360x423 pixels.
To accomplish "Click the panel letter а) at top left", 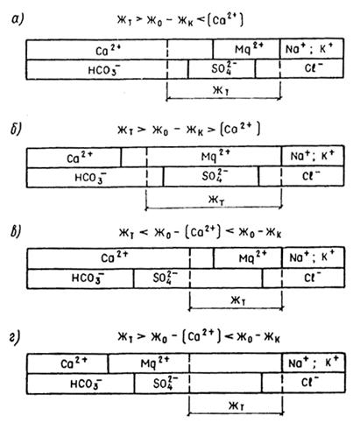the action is pyautogui.click(x=18, y=20).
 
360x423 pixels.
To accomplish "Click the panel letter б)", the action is pyautogui.click(x=16, y=129).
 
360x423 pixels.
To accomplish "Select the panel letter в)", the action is pyautogui.click(x=16, y=231).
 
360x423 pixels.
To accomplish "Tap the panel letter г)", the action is pyautogui.click(x=15, y=338).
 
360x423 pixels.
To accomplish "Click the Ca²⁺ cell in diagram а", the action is pyautogui.click(x=96, y=50).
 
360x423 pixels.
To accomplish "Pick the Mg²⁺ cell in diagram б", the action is pyautogui.click(x=215, y=157).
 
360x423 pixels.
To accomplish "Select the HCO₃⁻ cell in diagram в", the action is pyautogui.click(x=81, y=278).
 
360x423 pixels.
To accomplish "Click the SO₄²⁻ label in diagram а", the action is pyautogui.click(x=223, y=69).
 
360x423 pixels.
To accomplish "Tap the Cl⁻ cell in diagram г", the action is pyautogui.click(x=314, y=383).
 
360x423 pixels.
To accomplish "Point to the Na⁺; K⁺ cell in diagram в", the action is pyautogui.click(x=314, y=257).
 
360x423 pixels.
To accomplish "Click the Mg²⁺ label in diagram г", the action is pyautogui.click(x=155, y=363).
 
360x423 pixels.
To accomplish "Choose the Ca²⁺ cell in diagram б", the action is pyautogui.click(x=74, y=157).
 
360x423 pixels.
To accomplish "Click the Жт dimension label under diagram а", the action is pyautogui.click(x=222, y=90).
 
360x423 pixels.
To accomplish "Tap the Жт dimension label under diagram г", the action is pyautogui.click(x=236, y=405).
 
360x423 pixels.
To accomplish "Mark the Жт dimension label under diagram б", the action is pyautogui.click(x=216, y=200).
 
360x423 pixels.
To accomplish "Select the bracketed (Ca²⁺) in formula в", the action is pyautogui.click(x=203, y=232).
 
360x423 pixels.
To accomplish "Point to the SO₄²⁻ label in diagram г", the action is pyautogui.click(x=166, y=383).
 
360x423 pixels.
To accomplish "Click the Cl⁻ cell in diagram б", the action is pyautogui.click(x=313, y=176).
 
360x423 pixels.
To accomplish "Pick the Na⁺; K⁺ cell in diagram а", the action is pyautogui.click(x=312, y=49).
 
